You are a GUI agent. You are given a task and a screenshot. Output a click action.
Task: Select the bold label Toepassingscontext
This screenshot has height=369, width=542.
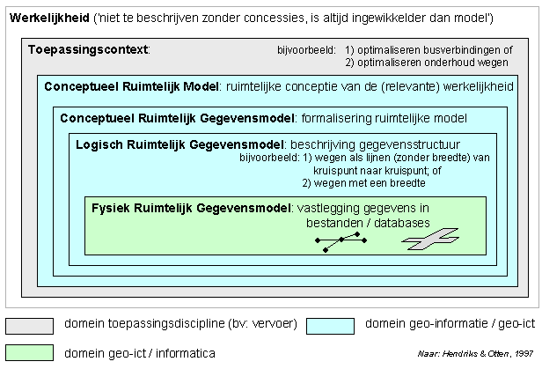click(x=88, y=50)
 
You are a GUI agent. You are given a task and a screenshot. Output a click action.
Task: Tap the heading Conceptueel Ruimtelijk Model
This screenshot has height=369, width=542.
click(x=131, y=86)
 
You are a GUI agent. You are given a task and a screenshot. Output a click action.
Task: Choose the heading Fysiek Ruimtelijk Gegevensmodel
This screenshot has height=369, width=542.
click(x=191, y=208)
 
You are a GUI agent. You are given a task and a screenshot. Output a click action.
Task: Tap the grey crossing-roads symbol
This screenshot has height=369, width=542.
click(x=430, y=240)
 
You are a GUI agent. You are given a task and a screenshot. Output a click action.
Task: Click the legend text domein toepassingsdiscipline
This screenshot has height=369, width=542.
click(x=167, y=325)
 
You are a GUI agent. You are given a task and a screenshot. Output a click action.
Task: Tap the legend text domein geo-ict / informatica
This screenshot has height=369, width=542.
click(x=139, y=353)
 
